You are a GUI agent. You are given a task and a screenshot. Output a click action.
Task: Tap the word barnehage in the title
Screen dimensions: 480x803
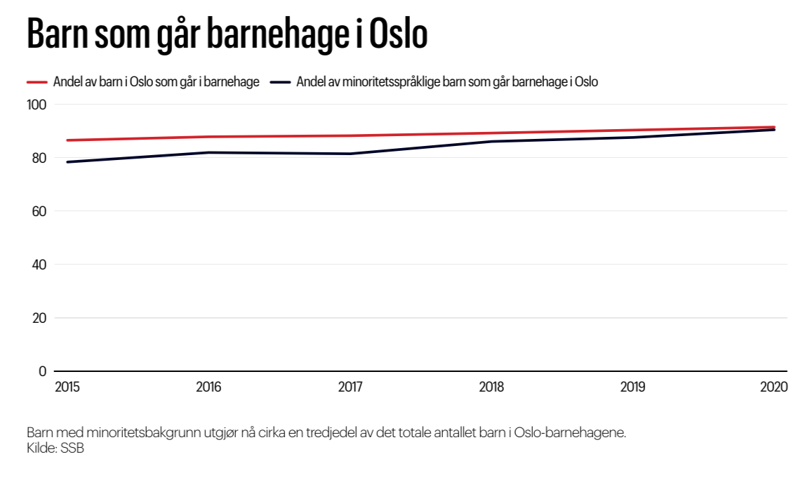[x=281, y=35]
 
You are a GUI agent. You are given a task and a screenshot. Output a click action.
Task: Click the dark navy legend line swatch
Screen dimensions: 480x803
[x=281, y=82]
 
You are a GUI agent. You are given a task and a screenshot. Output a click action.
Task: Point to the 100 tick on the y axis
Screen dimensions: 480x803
[x=36, y=105]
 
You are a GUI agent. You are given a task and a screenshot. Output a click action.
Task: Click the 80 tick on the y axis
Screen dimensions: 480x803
[x=39, y=158]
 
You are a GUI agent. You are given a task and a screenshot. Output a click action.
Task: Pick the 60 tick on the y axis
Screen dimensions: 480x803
[x=39, y=211]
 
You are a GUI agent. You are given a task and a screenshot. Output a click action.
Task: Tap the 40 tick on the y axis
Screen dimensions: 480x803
[x=39, y=265]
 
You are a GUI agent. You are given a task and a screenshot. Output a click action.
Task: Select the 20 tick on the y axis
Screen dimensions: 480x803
[x=39, y=318]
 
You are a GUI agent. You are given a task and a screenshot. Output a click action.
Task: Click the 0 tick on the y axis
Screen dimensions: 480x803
[x=42, y=371]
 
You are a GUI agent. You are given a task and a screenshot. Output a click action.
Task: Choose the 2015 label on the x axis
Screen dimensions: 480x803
[x=67, y=387]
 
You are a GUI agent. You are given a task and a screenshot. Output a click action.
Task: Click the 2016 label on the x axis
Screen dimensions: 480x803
[x=209, y=387]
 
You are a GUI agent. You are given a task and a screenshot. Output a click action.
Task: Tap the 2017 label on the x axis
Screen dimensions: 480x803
[x=351, y=387]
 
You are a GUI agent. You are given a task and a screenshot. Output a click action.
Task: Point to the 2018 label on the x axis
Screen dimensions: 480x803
[x=492, y=387]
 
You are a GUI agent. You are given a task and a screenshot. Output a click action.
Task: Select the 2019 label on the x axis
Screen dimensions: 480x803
[x=634, y=387]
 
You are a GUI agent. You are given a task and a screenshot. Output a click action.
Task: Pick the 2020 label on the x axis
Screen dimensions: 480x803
[x=774, y=387]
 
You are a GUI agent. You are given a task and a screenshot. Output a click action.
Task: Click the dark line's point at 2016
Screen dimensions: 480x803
[x=209, y=152]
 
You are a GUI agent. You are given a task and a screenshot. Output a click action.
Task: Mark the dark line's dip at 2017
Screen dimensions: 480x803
[x=351, y=154]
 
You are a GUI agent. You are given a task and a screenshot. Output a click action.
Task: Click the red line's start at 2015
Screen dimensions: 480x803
[x=68, y=140]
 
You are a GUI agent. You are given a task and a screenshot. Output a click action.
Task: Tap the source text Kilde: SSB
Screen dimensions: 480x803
[x=55, y=448]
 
